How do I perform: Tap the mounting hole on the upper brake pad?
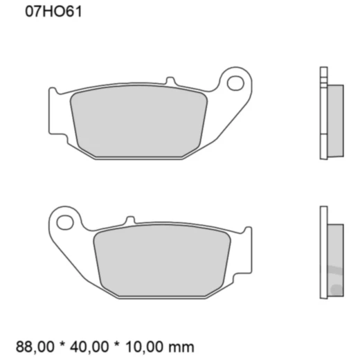click(235, 84)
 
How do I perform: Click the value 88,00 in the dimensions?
click(35, 345)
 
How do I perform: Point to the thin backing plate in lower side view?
click(323, 253)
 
